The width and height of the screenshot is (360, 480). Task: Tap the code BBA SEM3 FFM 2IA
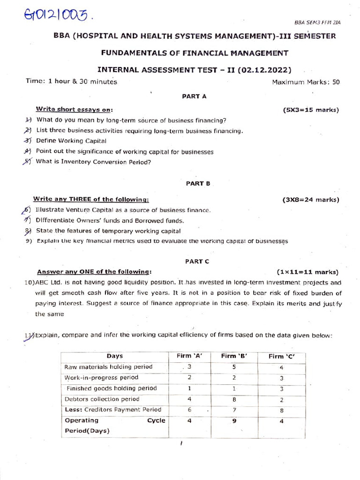[x=317, y=22]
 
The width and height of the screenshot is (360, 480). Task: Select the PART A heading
[x=194, y=96]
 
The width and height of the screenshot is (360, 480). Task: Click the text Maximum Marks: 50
[x=306, y=82]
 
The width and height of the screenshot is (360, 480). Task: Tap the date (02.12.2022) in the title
[x=264, y=70]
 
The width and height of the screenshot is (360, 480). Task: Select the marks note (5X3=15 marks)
[x=310, y=110]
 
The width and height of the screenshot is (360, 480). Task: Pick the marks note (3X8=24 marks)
[x=310, y=200]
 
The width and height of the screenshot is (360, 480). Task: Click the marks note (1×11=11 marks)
[x=307, y=272]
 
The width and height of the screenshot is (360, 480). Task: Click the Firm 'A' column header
[x=189, y=356]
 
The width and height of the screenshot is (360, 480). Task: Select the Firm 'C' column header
[x=281, y=356]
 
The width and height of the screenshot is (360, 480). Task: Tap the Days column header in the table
[x=115, y=356]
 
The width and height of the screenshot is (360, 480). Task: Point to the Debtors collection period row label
[x=102, y=399]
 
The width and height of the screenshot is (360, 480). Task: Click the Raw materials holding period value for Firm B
[x=233, y=367]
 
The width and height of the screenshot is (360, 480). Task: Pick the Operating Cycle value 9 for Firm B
[x=233, y=420]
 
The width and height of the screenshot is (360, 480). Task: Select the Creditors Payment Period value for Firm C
[x=281, y=410]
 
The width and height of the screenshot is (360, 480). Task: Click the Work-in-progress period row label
[x=101, y=377]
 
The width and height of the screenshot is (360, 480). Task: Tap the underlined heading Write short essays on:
[x=75, y=110]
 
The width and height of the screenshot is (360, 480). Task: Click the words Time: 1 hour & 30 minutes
[x=71, y=82]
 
